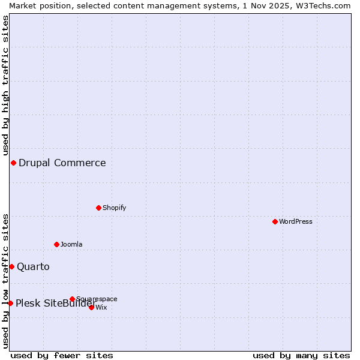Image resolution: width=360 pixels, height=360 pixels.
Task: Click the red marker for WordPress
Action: tap(275, 221)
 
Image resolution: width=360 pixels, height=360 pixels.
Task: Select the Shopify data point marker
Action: tap(98, 208)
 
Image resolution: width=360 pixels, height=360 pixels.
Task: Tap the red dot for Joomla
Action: tap(56, 244)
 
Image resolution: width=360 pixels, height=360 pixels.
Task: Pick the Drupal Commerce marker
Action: tap(13, 163)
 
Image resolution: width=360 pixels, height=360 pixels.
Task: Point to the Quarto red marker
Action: tap(11, 266)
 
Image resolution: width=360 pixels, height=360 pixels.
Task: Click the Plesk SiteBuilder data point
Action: tap(10, 303)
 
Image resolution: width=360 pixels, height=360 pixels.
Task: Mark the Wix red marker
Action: tap(91, 307)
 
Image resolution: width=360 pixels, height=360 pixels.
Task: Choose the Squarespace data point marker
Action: tap(72, 299)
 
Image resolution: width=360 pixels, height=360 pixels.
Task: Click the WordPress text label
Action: tap(296, 221)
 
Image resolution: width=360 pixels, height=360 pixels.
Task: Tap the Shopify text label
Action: tap(114, 208)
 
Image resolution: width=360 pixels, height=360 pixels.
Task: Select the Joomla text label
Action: tap(71, 244)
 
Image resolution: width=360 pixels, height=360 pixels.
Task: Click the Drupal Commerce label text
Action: tap(62, 163)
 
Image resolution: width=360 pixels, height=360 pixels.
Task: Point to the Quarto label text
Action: tap(33, 266)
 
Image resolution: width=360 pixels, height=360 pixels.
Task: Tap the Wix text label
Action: tap(101, 307)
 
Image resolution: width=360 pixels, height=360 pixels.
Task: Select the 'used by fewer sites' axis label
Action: tap(62, 355)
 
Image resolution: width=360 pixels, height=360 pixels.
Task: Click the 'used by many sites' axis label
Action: tap(301, 355)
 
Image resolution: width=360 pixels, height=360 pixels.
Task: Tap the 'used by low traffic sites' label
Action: tap(5, 281)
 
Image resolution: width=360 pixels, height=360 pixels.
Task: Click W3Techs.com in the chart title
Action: tap(322, 5)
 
